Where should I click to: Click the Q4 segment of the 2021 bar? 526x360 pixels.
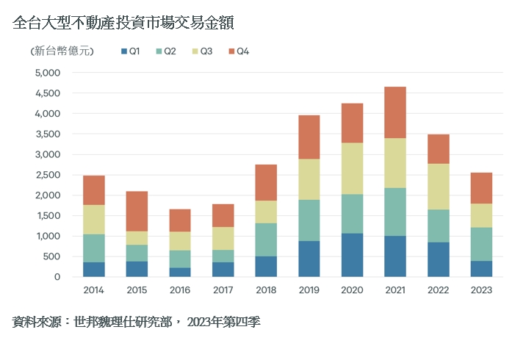click(x=394, y=112)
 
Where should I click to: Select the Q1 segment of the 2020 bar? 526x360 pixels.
click(x=352, y=255)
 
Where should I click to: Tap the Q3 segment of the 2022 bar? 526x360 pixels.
click(x=438, y=187)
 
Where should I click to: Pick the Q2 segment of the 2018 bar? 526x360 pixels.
click(x=266, y=240)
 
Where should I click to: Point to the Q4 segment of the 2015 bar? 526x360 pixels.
click(x=137, y=212)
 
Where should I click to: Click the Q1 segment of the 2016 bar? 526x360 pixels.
click(x=179, y=272)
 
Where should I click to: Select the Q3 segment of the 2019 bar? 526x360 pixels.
click(x=309, y=179)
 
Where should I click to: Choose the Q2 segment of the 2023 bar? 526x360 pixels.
click(x=481, y=244)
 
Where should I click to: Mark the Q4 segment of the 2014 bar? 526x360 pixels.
click(x=93, y=190)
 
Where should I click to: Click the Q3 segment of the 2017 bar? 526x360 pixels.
click(x=223, y=238)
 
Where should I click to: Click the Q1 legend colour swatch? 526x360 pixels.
click(x=123, y=51)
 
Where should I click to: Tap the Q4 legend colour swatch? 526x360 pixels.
click(x=231, y=51)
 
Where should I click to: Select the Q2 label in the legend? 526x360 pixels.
click(x=170, y=51)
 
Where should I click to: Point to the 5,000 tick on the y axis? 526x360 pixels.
click(x=47, y=73)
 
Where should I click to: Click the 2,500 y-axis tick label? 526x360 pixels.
click(x=47, y=175)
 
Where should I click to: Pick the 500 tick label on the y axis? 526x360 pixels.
click(x=51, y=256)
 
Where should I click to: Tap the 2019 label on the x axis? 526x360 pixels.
click(x=309, y=289)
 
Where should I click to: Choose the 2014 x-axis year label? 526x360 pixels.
click(x=93, y=289)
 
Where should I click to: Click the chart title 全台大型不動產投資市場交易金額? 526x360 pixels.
click(x=123, y=23)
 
